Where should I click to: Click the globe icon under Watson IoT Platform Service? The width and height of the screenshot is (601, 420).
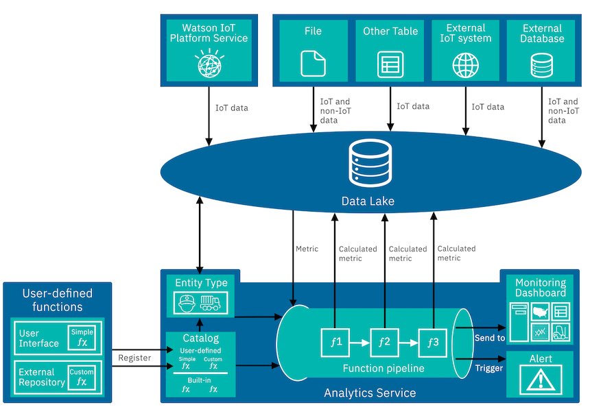(x=209, y=65)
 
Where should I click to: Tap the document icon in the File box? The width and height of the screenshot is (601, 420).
(x=313, y=64)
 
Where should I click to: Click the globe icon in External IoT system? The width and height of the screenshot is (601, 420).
(x=466, y=65)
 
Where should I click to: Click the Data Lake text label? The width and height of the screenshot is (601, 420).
(x=370, y=201)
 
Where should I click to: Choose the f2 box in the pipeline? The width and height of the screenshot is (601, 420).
(x=384, y=341)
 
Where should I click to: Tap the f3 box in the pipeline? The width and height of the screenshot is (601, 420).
(x=433, y=341)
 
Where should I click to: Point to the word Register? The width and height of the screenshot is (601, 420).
(x=134, y=357)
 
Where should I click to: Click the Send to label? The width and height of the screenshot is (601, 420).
(x=489, y=338)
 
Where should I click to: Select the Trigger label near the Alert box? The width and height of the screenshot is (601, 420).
(x=489, y=368)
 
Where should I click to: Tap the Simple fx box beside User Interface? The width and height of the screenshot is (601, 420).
(x=82, y=337)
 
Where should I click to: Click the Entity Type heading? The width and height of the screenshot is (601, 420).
(x=201, y=283)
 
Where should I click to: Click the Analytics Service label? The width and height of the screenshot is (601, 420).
(x=370, y=393)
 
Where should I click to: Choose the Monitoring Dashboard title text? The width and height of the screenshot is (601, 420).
(x=541, y=288)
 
